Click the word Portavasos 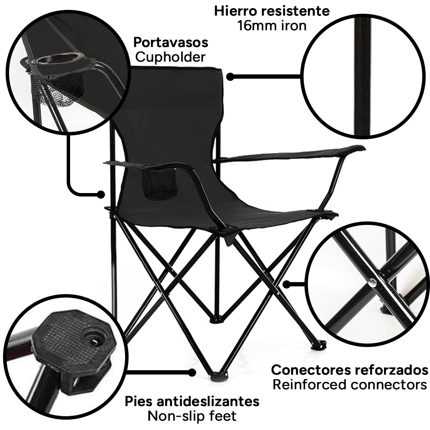pos(171,43)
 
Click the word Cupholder pos(170,57)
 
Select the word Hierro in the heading pos(236,11)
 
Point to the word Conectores pos(311,370)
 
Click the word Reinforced pos(310,384)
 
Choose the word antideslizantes pos(208,402)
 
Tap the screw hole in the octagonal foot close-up pos(93,341)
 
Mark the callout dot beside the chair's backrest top pos(230,77)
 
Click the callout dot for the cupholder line pos(101,194)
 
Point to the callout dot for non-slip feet pos(192,372)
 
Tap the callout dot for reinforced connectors pos(286,285)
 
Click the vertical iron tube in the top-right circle pos(362,77)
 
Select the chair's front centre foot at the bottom pos(218,376)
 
